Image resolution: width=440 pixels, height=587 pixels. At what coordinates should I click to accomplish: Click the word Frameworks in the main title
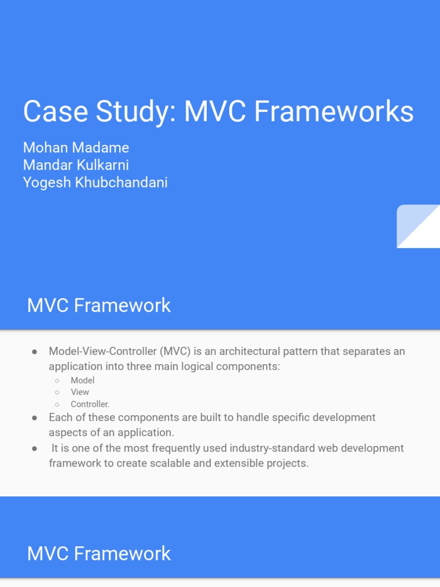(x=333, y=111)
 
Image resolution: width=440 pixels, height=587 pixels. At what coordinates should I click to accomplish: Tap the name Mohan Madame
(x=76, y=147)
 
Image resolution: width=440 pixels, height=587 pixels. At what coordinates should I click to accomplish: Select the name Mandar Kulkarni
(x=76, y=165)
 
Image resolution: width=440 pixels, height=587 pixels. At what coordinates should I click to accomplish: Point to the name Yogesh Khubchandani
(x=95, y=183)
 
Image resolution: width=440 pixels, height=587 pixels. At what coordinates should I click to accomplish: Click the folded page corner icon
(x=418, y=226)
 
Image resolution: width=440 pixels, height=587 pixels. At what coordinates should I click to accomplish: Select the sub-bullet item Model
(x=82, y=380)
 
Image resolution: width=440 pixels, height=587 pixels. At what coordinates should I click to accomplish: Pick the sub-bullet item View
(x=80, y=392)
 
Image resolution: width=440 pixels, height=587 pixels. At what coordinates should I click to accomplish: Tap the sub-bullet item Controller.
(x=90, y=404)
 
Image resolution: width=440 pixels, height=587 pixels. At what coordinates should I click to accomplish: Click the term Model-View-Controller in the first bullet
(x=103, y=351)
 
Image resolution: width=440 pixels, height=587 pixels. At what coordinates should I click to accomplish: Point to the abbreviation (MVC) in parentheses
(x=176, y=351)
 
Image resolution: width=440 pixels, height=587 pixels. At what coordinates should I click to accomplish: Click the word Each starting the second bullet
(x=60, y=417)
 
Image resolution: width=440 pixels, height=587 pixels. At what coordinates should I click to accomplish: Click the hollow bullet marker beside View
(x=57, y=392)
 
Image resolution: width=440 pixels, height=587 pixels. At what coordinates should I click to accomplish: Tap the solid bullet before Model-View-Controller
(x=35, y=351)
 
